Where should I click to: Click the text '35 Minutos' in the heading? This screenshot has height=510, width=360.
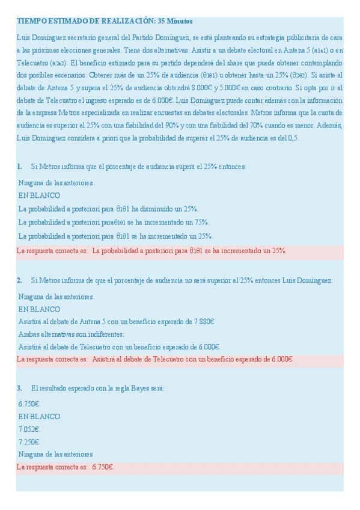174,22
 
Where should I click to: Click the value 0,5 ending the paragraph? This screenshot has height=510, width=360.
293,138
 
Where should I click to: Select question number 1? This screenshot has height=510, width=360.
20,167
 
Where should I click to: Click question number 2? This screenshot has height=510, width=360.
20,280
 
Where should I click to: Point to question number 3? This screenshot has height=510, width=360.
20,388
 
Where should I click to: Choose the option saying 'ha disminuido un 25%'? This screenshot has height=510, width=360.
108,209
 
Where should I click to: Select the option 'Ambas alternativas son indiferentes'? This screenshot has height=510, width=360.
71,334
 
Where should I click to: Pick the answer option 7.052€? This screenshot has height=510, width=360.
29,429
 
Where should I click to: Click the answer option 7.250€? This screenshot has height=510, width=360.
29,441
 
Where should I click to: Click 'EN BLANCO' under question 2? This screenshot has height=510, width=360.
39,309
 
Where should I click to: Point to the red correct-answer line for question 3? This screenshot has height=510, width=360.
66,467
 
